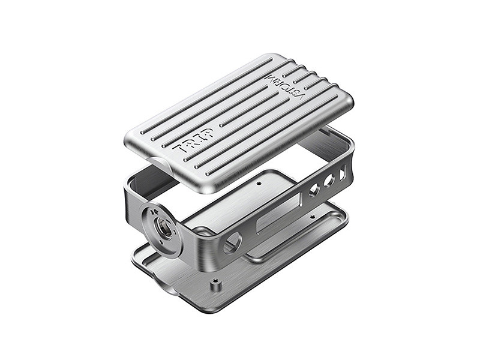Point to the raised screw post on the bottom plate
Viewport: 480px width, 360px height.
215,286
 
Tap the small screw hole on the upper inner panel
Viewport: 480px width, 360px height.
260,184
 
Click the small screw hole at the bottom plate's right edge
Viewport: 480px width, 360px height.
312,217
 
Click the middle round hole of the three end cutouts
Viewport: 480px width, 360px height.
329,181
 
